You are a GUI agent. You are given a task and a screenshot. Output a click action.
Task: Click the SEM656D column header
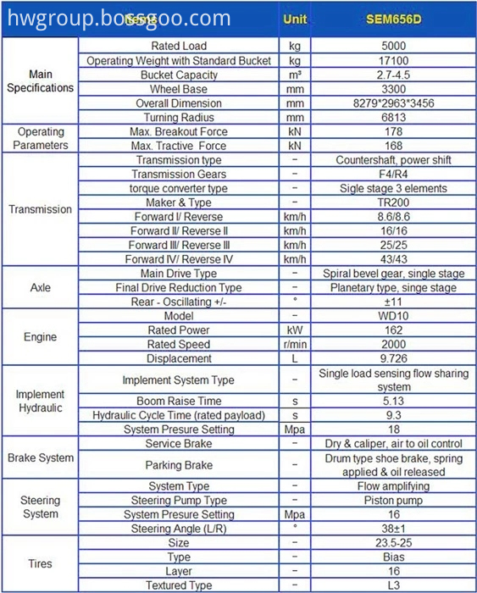pyautogui.click(x=393, y=18)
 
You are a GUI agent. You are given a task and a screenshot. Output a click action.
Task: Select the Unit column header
pyautogui.click(x=294, y=18)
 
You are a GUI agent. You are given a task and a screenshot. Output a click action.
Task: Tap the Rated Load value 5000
pyautogui.click(x=393, y=46)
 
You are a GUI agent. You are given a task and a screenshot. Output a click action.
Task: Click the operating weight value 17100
pyautogui.click(x=393, y=60)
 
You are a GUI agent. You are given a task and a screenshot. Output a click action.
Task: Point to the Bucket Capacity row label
pyautogui.click(x=179, y=75)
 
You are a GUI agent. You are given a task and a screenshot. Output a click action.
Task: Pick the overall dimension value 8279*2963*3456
pyautogui.click(x=393, y=103)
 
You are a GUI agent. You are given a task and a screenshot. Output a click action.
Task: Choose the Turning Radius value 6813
pyautogui.click(x=393, y=117)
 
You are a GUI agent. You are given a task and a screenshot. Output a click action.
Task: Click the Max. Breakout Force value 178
pyautogui.click(x=393, y=131)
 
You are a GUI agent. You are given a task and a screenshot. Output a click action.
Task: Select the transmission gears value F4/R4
pyautogui.click(x=393, y=174)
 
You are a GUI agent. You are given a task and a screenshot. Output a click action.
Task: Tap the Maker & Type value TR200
pyautogui.click(x=393, y=202)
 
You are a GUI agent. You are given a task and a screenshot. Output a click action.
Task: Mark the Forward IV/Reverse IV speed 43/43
pyautogui.click(x=393, y=258)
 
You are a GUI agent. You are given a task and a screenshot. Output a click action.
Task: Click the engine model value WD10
pyautogui.click(x=393, y=315)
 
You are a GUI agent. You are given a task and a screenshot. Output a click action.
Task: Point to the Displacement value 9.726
pyautogui.click(x=393, y=357)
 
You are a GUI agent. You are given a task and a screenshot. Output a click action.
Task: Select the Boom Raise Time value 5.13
pyautogui.click(x=393, y=401)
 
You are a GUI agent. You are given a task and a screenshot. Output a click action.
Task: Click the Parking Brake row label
pyautogui.click(x=179, y=464)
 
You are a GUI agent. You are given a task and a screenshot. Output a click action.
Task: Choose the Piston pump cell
pyautogui.click(x=393, y=500)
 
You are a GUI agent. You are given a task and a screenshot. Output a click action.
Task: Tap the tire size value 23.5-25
pyautogui.click(x=393, y=542)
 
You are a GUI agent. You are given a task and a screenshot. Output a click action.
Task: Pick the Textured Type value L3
pyautogui.click(x=393, y=585)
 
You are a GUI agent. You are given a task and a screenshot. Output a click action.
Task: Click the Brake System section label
pyautogui.click(x=40, y=457)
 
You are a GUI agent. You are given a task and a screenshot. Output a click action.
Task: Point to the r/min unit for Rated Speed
pyautogui.click(x=294, y=344)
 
